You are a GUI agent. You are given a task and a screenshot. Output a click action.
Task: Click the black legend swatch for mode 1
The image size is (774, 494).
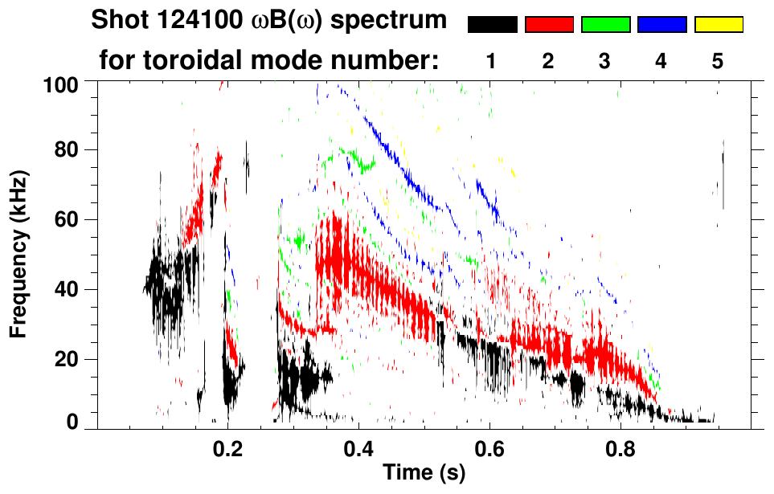[x=492, y=25]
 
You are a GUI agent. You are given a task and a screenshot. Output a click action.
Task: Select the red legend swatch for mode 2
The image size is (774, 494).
[x=549, y=25]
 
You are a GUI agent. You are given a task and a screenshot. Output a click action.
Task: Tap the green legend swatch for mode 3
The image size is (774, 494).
[x=605, y=25]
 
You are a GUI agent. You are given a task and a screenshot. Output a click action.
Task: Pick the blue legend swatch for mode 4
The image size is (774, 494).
[x=661, y=25]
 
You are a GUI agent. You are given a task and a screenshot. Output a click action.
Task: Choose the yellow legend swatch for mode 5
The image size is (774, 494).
[x=718, y=25]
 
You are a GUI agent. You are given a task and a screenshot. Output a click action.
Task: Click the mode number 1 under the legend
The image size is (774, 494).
[x=492, y=61]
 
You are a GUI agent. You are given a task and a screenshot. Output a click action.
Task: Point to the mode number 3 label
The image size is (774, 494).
[x=605, y=61]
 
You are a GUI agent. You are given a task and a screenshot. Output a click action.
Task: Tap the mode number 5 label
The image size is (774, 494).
[x=718, y=61]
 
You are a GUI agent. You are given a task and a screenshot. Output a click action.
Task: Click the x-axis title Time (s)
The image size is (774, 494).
[x=424, y=474]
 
